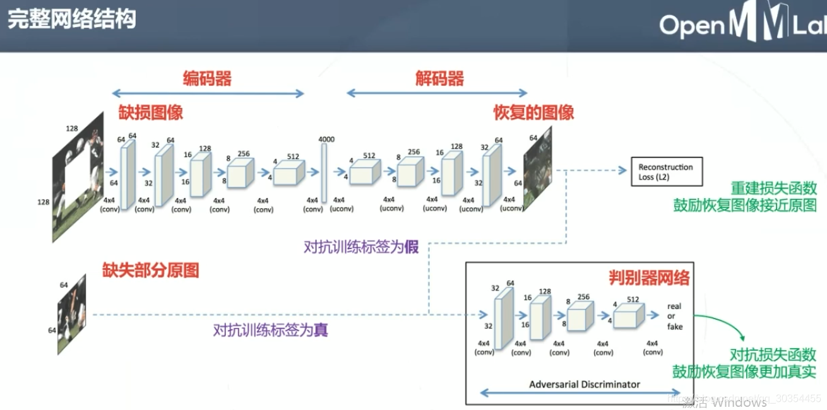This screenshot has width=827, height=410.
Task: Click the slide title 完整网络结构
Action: [x=71, y=19]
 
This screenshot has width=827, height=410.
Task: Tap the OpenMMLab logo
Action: [x=742, y=25]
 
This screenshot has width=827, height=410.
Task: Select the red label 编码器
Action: [x=207, y=79]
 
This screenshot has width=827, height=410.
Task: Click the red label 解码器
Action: [x=439, y=79]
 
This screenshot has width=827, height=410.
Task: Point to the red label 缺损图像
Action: [x=151, y=113]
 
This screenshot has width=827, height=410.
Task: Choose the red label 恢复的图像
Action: [x=533, y=113]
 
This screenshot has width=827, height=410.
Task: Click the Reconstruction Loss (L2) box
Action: [x=665, y=172]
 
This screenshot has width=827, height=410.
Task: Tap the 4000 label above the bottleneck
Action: [x=326, y=139]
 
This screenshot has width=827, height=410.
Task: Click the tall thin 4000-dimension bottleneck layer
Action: [x=324, y=173]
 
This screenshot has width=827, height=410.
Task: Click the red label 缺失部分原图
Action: [x=151, y=271]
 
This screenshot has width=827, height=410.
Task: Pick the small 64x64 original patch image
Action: [x=71, y=313]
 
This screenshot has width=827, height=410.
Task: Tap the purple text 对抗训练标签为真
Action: [x=270, y=330]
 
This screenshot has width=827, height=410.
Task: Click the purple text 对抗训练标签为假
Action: [x=361, y=247]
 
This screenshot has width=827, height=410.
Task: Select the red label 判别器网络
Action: [x=649, y=278]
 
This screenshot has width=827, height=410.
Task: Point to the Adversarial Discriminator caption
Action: [x=585, y=384]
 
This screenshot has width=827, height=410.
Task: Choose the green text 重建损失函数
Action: [x=773, y=188]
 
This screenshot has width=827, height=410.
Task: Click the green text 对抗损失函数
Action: [x=773, y=354]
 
